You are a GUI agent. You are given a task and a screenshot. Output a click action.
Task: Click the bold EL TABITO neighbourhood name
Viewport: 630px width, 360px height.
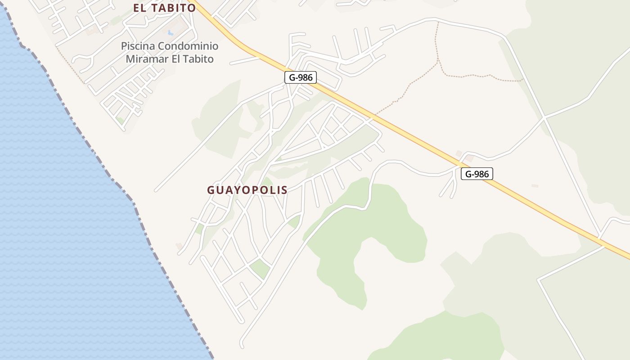point(165,8)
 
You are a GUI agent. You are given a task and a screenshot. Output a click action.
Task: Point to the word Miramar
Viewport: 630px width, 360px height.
point(147,59)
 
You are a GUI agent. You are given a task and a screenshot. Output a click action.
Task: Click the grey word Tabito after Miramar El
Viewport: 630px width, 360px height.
point(198,59)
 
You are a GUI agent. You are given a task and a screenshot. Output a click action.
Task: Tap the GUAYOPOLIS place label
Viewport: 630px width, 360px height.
point(247,190)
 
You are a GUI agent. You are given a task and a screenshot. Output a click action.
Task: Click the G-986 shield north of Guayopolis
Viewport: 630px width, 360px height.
point(301,77)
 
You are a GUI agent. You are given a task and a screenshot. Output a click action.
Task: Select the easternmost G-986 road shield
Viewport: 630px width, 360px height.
point(477,174)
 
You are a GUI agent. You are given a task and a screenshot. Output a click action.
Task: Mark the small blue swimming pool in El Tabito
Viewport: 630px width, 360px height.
point(171,33)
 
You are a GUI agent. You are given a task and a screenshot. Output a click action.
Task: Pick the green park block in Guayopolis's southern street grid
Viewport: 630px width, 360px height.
point(260,269)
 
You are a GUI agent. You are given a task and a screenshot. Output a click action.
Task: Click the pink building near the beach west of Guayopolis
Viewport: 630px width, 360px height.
point(180,246)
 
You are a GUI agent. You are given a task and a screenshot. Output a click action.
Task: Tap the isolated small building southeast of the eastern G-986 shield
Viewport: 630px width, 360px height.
point(535,185)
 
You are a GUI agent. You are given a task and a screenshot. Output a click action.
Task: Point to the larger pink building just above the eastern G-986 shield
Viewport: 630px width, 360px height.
point(469,158)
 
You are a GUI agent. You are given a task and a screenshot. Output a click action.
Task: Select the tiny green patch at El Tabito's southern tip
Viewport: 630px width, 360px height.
point(120,120)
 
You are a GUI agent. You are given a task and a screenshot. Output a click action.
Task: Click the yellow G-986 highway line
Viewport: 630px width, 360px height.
point(405,130)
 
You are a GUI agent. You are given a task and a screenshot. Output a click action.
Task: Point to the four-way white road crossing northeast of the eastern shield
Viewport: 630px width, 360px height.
point(544,118)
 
